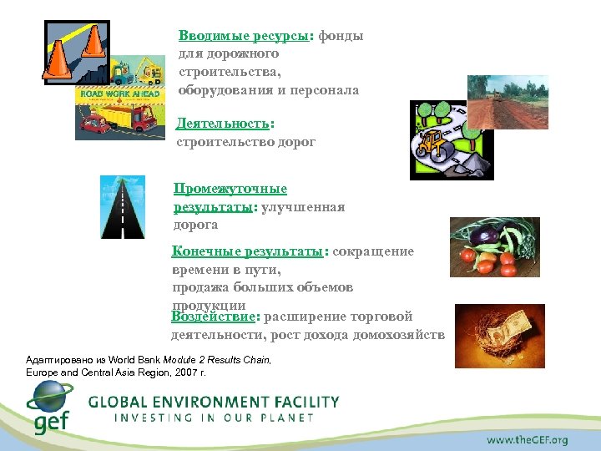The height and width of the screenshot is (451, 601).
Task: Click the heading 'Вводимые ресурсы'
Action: coord(244,38)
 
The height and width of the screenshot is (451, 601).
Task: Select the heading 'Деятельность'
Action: coord(223,124)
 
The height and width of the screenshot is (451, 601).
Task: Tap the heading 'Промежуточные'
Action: coord(230,190)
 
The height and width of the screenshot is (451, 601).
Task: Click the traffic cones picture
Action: coord(76,50)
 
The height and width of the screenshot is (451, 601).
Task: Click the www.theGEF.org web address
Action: coord(528,439)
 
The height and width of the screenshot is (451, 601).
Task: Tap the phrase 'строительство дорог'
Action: coord(245,142)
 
